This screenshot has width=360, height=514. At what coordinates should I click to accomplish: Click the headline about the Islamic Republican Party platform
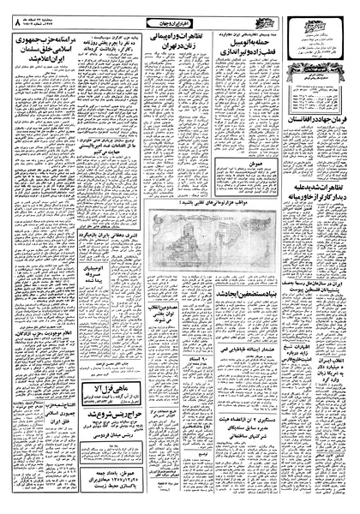coord(45,54)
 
